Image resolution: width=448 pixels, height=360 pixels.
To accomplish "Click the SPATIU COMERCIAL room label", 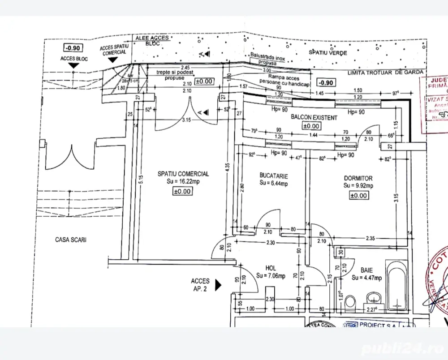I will click(183, 174).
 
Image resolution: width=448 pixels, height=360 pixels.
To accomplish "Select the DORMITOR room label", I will click(358, 178).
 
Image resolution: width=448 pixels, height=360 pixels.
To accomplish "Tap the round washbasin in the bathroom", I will click(372, 298).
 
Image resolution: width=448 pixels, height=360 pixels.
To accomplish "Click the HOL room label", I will click(271, 268).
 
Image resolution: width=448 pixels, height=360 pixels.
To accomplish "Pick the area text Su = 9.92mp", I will click(358, 186).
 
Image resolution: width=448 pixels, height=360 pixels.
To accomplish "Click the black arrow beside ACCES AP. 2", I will click(218, 285).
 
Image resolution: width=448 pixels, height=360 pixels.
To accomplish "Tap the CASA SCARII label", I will click(70, 240).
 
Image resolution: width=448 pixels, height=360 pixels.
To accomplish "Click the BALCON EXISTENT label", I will click(314, 118).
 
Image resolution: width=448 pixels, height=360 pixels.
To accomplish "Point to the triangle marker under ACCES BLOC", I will click(73, 66).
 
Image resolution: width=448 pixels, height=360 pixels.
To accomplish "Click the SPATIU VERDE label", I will click(328, 53).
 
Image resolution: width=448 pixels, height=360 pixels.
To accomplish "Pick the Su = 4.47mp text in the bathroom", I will click(366, 278).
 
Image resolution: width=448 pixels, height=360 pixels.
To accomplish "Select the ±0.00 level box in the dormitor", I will click(358, 195).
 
